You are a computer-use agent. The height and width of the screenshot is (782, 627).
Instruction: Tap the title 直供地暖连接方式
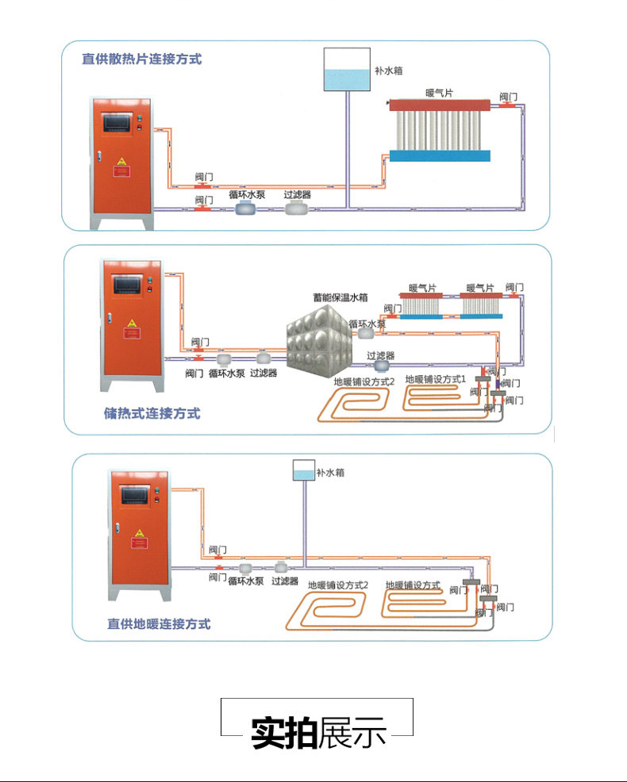(159, 623)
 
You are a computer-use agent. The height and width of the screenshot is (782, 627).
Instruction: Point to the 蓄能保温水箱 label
(340, 298)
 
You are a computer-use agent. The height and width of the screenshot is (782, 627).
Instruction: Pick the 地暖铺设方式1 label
(435, 379)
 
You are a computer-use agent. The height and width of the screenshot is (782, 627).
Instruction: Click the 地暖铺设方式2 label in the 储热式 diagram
(364, 381)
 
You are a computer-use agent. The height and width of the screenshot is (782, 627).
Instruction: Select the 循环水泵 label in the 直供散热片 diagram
(247, 194)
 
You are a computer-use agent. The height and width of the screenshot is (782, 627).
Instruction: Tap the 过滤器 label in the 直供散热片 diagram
(298, 194)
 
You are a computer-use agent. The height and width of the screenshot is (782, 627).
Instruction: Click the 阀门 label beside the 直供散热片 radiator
(509, 96)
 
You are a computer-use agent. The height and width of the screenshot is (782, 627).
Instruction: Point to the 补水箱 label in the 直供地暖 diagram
(330, 473)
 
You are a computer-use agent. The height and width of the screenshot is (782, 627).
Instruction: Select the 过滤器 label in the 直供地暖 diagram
(284, 581)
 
